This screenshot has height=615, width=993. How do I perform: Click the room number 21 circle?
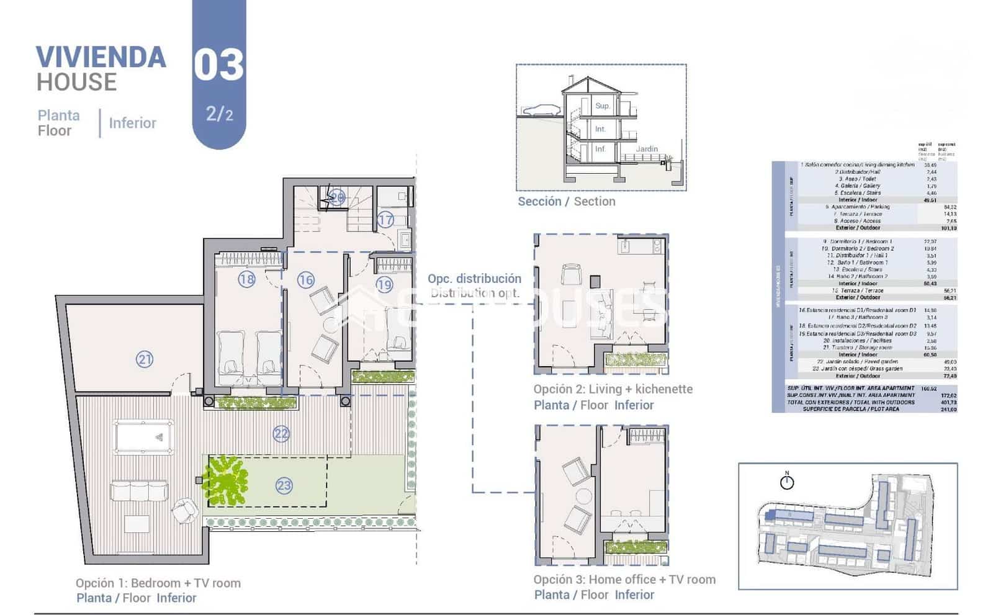pos(145,359)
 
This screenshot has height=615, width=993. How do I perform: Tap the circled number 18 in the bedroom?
pos(247,279)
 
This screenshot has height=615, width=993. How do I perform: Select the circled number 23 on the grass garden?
pos(284,485)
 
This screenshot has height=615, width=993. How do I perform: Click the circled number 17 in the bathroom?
pos(385,220)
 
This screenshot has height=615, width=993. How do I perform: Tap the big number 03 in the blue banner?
pos(218,65)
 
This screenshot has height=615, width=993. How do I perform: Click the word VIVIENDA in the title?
pos(101,58)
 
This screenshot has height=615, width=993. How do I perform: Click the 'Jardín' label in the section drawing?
pos(647,149)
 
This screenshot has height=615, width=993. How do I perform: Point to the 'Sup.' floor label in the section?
pos(603,105)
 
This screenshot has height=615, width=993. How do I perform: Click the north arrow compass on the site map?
pos(787,481)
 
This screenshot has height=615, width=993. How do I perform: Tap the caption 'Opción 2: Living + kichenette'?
pos(613,389)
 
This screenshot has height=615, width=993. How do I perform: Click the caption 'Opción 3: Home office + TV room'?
pos(624,580)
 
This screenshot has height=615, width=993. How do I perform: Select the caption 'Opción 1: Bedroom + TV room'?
pos(158,583)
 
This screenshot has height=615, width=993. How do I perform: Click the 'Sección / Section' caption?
pos(567,202)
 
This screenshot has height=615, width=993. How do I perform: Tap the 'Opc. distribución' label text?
pos(474,279)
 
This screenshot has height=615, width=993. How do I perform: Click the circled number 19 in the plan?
pos(384,285)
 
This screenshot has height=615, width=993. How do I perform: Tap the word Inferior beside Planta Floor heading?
pos(132,123)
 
